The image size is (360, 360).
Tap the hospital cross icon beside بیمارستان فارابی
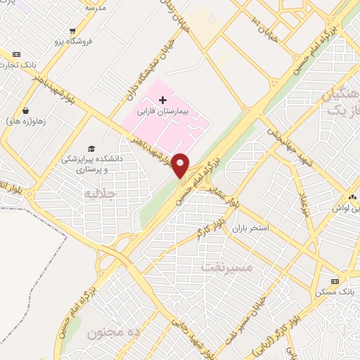[x=162, y=101]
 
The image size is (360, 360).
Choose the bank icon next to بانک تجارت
[x=17, y=54]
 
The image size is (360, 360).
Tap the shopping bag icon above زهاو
[x=26, y=110]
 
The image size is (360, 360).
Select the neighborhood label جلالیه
[x=99, y=193]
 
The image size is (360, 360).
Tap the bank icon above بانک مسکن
[x=335, y=281]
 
